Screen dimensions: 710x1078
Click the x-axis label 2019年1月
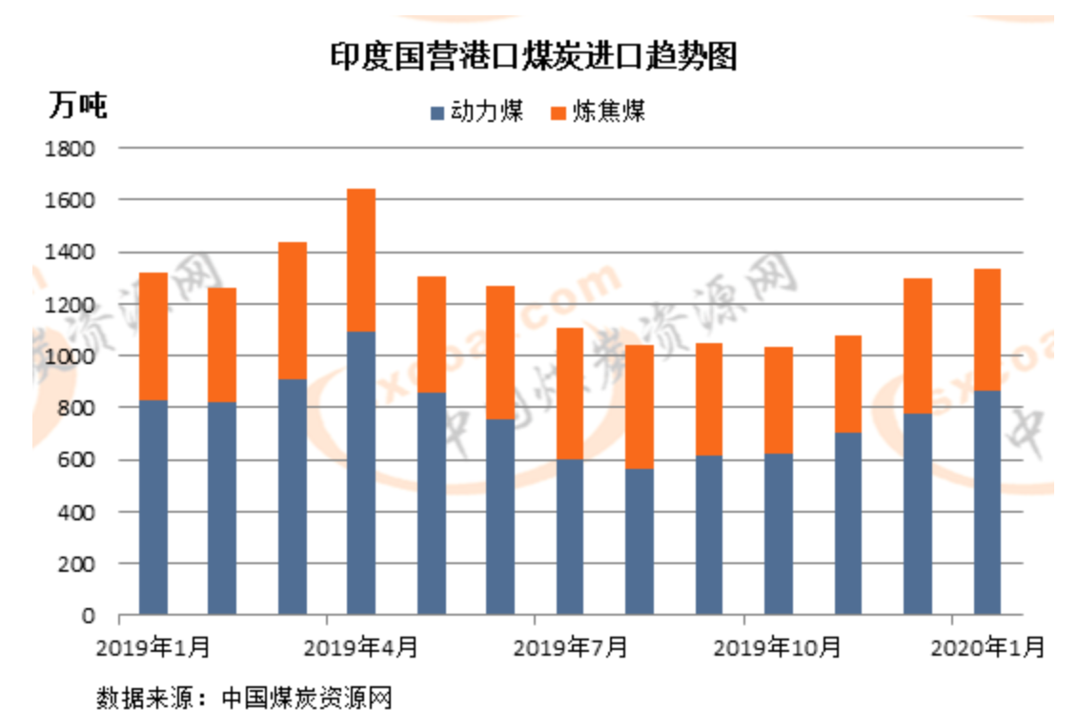point(153,647)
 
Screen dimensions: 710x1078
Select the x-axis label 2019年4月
point(361,647)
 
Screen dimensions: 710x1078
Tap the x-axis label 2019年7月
point(570,647)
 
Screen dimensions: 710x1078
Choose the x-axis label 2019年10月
point(778,647)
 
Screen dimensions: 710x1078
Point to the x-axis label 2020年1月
point(986,647)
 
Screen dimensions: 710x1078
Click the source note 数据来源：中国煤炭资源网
point(244,697)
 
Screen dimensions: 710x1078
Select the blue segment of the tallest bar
point(361,472)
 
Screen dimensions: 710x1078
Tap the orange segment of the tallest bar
point(361,260)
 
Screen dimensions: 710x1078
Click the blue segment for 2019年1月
point(153,507)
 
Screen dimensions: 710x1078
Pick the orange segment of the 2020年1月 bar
point(986,330)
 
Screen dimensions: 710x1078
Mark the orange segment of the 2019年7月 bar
point(570,394)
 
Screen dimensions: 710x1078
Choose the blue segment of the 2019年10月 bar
point(778,534)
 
